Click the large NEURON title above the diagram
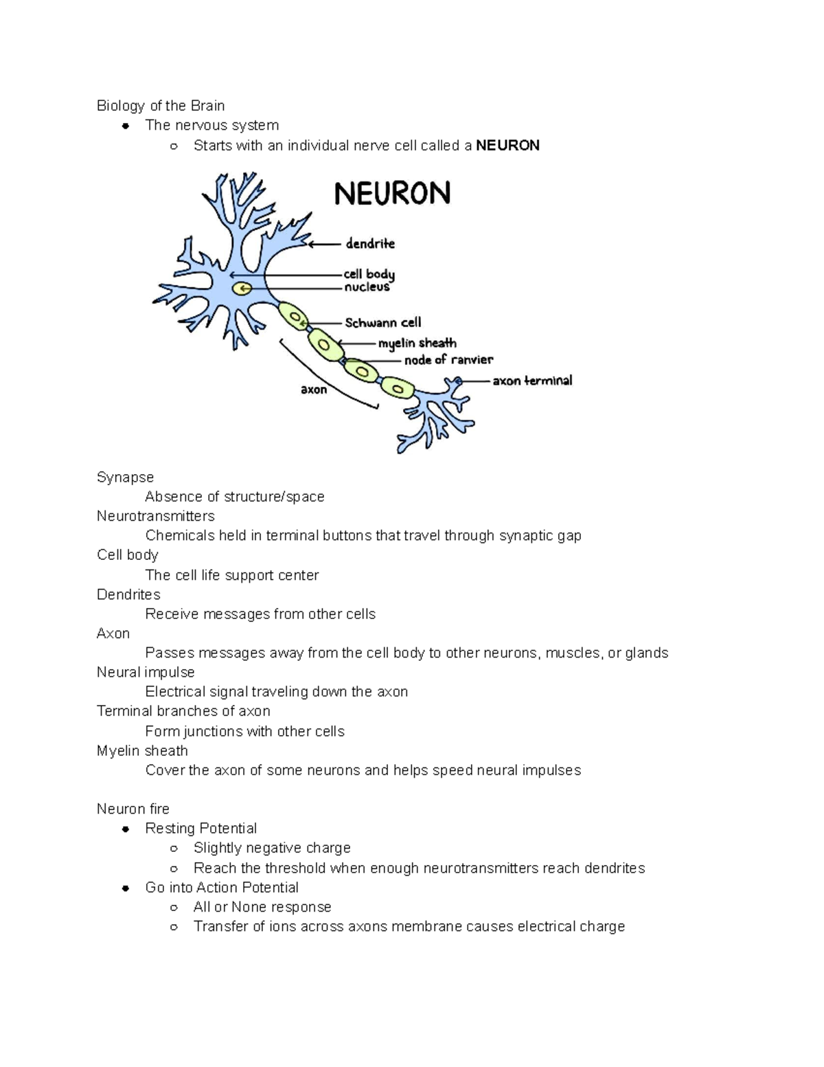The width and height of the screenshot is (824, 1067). point(392,193)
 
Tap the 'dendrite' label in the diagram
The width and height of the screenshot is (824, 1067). point(370,243)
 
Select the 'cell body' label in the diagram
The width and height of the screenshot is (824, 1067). point(369,274)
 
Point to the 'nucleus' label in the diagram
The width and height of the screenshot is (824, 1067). point(367,287)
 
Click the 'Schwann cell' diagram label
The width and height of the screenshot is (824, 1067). point(382,322)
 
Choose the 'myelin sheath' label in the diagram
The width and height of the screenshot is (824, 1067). point(417,343)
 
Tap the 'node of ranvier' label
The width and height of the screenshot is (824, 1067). point(448,359)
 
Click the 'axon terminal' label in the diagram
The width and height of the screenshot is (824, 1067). point(532,380)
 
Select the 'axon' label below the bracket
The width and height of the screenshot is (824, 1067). point(314,390)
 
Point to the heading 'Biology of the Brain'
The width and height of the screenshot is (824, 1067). point(161,106)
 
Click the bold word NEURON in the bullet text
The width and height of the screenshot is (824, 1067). point(507,145)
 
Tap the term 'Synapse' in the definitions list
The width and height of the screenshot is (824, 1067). point(125,477)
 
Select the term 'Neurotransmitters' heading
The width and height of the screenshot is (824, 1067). point(156,516)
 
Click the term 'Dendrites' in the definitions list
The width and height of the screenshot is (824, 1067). point(128,594)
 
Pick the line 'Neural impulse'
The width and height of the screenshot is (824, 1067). point(146,672)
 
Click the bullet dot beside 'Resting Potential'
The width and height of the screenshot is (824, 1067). point(126,829)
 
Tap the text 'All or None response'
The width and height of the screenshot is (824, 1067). point(262,907)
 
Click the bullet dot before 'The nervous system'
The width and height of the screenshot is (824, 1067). point(126,126)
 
